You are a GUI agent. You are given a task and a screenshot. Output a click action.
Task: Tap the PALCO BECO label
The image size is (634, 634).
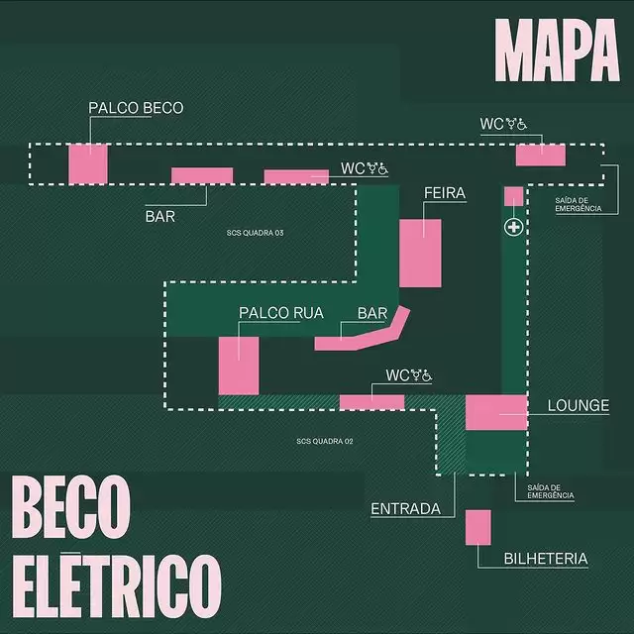[136, 108]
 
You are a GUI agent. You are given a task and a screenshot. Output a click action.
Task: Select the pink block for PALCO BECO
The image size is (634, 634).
[87, 162]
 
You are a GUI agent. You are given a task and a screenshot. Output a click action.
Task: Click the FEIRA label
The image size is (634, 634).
[444, 192]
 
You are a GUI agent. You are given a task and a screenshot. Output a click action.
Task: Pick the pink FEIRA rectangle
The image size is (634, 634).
[420, 253]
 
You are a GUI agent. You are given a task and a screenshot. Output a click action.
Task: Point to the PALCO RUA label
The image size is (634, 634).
[281, 313]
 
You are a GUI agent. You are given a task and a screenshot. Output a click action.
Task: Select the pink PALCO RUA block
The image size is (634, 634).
[239, 365]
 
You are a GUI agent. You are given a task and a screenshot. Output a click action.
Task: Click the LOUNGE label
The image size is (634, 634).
[579, 406]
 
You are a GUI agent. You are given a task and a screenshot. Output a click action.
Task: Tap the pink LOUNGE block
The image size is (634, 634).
[495, 412]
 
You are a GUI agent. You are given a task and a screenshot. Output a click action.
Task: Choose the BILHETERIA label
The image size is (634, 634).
[546, 560]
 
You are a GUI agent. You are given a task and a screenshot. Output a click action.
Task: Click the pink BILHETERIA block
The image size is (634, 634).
[477, 526]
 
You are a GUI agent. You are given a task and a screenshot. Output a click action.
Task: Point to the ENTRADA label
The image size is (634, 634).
[405, 509]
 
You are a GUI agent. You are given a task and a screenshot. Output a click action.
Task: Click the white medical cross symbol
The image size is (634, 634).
[513, 229]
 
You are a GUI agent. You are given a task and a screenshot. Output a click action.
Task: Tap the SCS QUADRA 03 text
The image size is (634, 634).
[256, 233]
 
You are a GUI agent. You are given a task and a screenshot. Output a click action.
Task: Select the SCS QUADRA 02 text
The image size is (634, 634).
[325, 442]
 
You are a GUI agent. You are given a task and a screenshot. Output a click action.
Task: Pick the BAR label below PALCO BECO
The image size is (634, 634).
[159, 215]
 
